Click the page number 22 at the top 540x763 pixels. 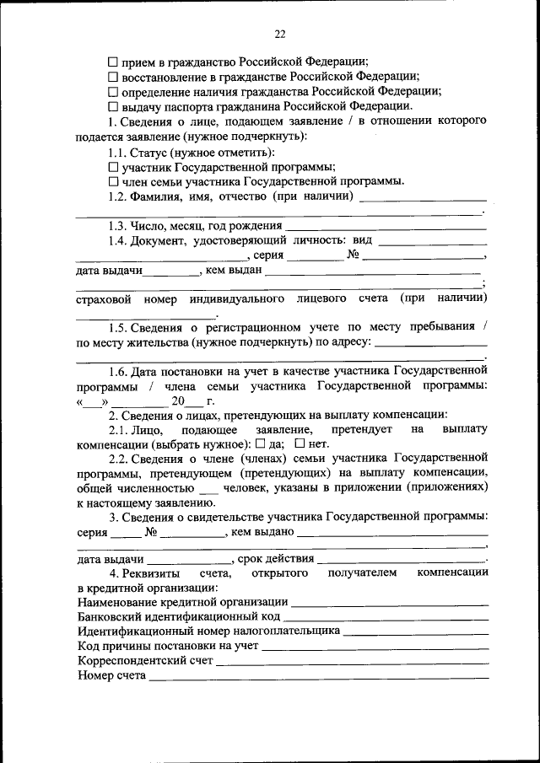[280, 34]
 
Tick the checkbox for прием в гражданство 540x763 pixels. [113, 62]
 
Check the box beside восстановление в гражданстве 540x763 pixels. [113, 77]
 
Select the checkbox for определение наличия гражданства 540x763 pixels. [113, 92]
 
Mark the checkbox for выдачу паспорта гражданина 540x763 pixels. [113, 107]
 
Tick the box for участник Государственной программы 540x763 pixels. [113, 168]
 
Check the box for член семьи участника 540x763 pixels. [113, 182]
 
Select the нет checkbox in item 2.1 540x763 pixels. [300, 443]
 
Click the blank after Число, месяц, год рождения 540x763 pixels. [386, 228]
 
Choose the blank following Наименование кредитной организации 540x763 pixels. [389, 602]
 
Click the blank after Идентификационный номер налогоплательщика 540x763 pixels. [416, 631]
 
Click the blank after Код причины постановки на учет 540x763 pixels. [375, 647]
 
